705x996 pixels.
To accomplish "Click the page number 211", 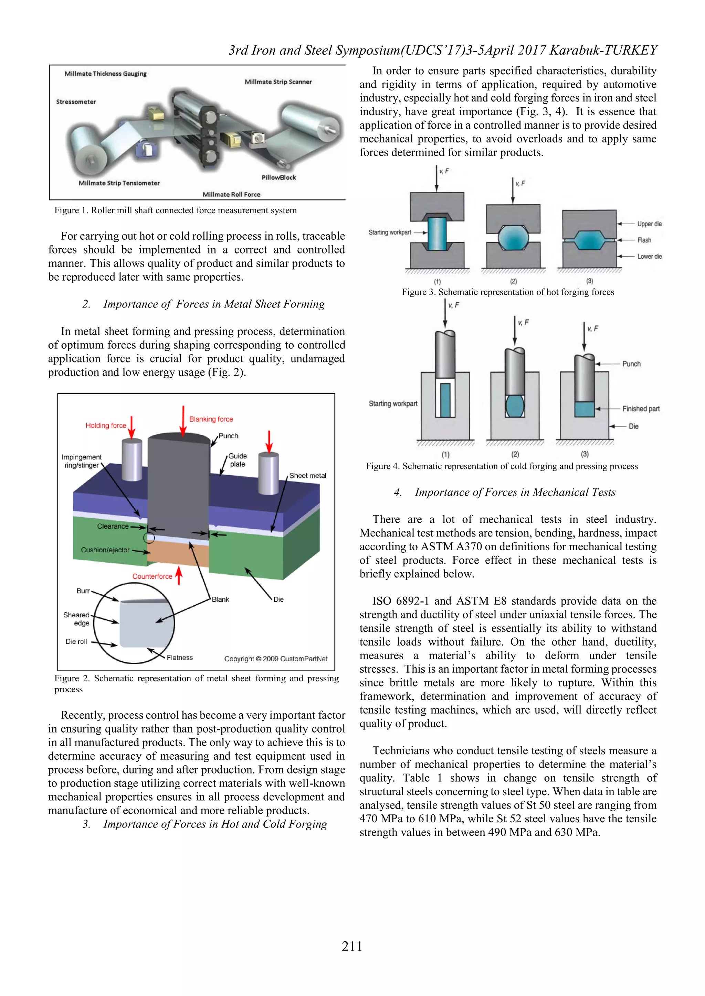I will click(x=351, y=946).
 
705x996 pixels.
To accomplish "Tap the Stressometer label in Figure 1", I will click(x=76, y=102).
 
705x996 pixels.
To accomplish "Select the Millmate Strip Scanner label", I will click(x=278, y=82).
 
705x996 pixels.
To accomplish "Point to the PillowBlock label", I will click(x=279, y=177).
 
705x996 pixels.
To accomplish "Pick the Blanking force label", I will click(x=211, y=419).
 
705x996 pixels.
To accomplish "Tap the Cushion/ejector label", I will click(x=105, y=550).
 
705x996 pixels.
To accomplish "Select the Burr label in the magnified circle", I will click(x=83, y=591).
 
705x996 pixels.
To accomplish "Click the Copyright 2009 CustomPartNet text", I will click(x=276, y=659).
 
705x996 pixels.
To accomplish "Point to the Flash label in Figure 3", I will click(x=644, y=240).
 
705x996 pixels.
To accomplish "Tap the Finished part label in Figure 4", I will click(x=640, y=409).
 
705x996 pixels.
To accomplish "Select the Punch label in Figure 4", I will click(x=631, y=364).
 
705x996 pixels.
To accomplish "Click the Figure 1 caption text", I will click(x=175, y=210).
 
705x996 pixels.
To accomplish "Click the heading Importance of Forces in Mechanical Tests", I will click(x=515, y=492).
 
